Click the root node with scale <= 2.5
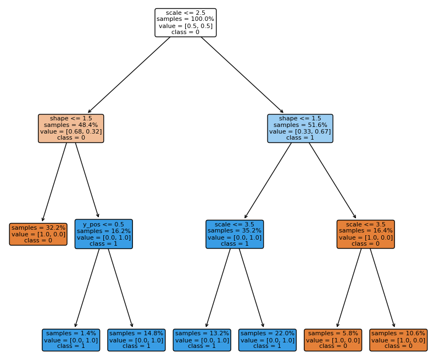(185, 23)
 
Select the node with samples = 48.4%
(71, 129)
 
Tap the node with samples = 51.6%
(300, 129)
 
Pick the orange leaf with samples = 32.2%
(38, 234)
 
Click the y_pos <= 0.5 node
(104, 234)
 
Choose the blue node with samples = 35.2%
(235, 234)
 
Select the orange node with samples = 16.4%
(365, 234)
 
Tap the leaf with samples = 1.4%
(71, 340)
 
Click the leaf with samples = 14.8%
(136, 340)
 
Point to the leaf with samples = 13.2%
(202, 340)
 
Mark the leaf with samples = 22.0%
(267, 340)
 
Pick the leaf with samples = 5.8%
(332, 340)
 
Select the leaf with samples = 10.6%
(398, 340)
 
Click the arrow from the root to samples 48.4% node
(129, 75)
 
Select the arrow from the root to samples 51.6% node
(242, 75)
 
